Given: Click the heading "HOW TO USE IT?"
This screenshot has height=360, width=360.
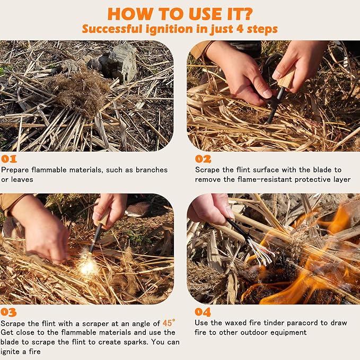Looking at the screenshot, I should (180, 13).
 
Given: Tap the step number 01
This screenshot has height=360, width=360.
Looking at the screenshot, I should (9, 159).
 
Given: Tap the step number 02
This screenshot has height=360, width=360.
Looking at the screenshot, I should (203, 159).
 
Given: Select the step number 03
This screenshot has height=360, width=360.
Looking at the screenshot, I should (9, 312).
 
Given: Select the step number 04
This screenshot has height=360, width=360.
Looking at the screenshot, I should (203, 312).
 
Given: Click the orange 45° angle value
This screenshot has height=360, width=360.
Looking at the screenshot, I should (167, 322).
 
